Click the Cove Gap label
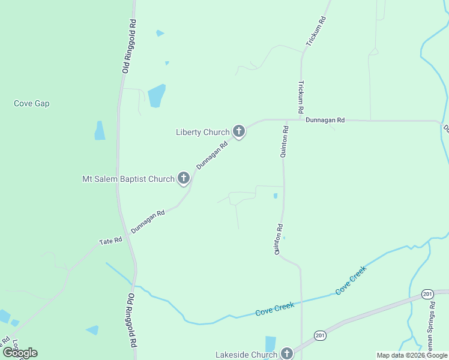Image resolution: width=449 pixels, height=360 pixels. pyautogui.click(x=31, y=103)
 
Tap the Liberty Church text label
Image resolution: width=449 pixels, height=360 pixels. pyautogui.click(x=202, y=132)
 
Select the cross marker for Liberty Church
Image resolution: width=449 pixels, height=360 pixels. pyautogui.click(x=239, y=131)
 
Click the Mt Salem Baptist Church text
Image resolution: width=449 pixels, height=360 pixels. pyautogui.click(x=128, y=178)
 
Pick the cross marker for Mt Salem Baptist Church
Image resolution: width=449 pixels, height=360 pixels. pyautogui.click(x=184, y=178)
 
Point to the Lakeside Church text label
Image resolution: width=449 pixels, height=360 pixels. pyautogui.click(x=246, y=355)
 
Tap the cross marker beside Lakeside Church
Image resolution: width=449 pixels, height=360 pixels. pyautogui.click(x=287, y=353)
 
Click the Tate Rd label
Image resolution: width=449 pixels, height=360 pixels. pyautogui.click(x=110, y=241)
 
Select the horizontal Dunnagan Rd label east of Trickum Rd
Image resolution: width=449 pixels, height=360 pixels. pyautogui.click(x=325, y=120)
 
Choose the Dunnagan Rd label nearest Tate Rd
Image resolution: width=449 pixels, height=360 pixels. pyautogui.click(x=148, y=221)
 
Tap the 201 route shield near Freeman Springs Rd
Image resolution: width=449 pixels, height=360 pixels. pyautogui.click(x=427, y=293)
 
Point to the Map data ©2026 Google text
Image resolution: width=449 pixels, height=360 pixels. pyautogui.click(x=411, y=355)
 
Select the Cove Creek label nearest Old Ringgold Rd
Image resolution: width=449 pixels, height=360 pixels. pyautogui.click(x=274, y=310)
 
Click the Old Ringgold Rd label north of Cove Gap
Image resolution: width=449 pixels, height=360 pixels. pyautogui.click(x=129, y=46)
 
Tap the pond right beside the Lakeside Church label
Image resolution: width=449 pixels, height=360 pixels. pyautogui.click(x=270, y=343)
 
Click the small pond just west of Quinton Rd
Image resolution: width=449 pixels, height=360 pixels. pyautogui.click(x=276, y=196)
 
